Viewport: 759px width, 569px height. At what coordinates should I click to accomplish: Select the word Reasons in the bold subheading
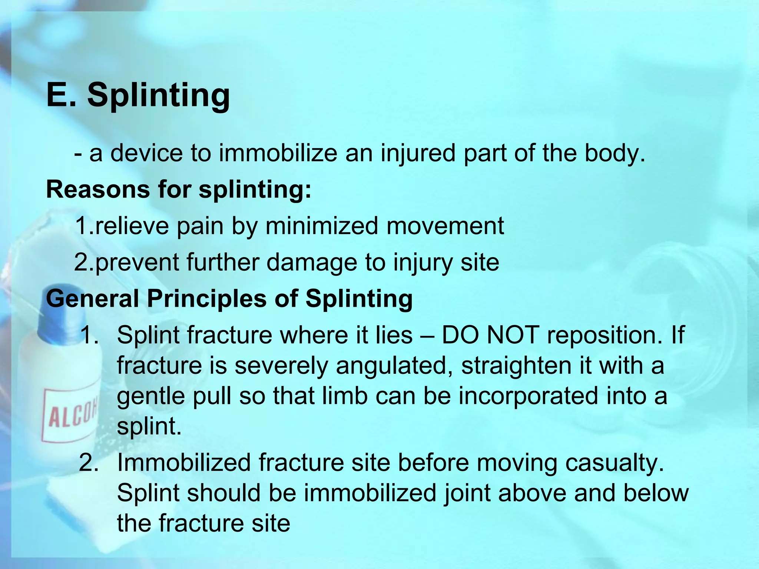[97, 189]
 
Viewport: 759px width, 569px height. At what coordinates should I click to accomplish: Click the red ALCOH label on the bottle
[70, 415]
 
